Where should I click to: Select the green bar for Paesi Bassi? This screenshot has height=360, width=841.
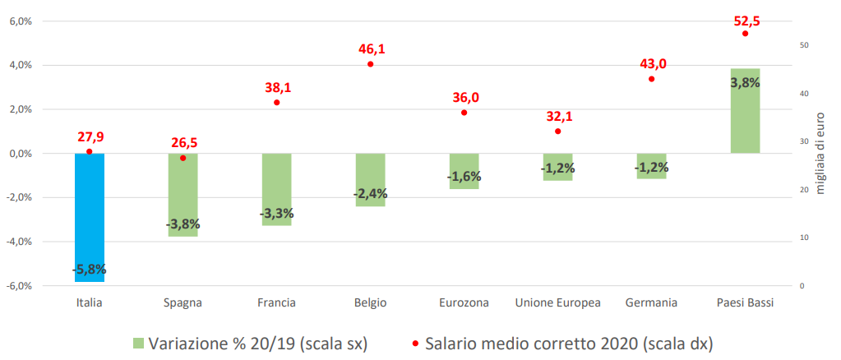tap(745, 115)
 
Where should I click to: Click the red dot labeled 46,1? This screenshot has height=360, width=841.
tap(371, 64)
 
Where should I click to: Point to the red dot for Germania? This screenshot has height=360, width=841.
tap(652, 79)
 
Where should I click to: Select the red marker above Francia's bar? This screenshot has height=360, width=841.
tap(277, 102)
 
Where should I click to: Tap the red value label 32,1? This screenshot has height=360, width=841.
tap(558, 117)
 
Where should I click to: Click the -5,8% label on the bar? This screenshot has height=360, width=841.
tap(90, 269)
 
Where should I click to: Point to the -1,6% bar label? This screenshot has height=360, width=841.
tap(464, 177)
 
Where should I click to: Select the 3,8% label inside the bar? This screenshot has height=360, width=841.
tap(745, 82)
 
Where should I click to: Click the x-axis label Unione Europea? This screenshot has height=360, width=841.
tap(557, 302)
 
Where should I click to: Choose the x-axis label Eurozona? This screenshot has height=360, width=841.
tap(464, 302)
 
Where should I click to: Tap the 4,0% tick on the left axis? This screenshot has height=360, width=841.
tap(20, 65)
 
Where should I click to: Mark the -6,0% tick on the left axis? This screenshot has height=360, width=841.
tap(19, 286)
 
